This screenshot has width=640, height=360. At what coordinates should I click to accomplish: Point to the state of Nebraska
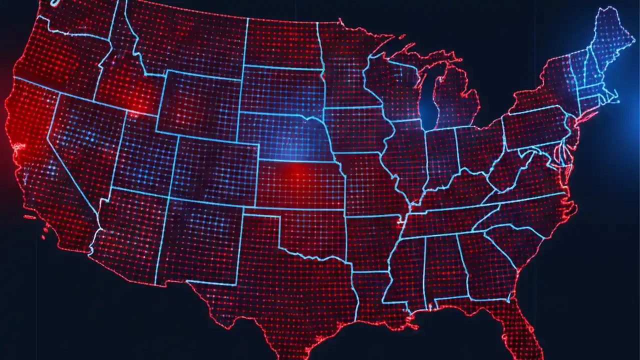click(x=285, y=135)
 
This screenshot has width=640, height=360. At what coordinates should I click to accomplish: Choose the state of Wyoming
click(x=200, y=105)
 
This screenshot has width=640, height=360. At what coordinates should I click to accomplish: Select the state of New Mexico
click(x=200, y=240)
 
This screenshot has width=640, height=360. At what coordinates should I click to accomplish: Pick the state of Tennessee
click(x=445, y=220)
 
